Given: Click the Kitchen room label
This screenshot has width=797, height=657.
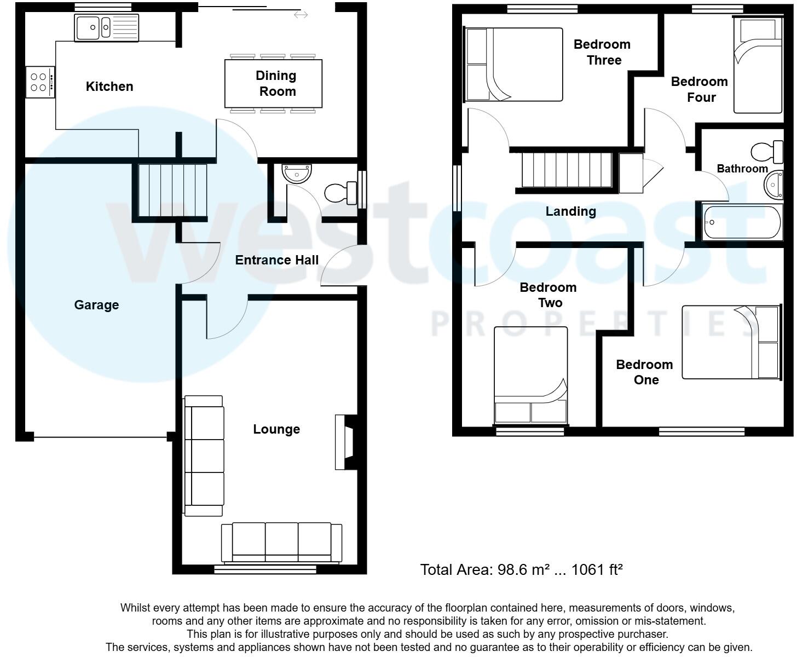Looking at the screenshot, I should point(109,87).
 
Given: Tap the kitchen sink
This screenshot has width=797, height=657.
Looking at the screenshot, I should point(107,27).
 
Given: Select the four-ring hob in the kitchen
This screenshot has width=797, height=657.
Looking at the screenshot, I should point(40,82).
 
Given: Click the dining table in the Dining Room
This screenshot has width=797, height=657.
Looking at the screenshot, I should point(273,84).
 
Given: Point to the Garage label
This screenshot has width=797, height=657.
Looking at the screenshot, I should point(96,305).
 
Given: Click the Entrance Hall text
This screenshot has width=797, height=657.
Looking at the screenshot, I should point(276,260).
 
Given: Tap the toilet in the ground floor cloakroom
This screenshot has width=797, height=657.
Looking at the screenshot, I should point(340,193).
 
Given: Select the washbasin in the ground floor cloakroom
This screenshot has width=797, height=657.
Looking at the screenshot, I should point(297,173).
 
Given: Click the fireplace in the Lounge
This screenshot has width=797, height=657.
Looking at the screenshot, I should point(345,442).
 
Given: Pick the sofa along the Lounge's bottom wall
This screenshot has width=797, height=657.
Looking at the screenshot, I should point(281,542).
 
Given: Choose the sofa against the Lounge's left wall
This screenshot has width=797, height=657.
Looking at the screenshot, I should point(204,456).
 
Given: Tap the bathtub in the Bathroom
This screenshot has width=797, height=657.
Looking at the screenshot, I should point(742,222).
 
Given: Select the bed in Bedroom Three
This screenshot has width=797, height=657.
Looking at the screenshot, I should point(514,65).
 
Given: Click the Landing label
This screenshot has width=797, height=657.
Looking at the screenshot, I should point(570,211).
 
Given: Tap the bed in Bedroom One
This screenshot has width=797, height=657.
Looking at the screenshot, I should point(731,342).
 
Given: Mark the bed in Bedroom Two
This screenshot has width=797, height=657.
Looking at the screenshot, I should point(530,376).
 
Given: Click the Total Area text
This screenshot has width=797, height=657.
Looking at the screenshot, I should point(521,570).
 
